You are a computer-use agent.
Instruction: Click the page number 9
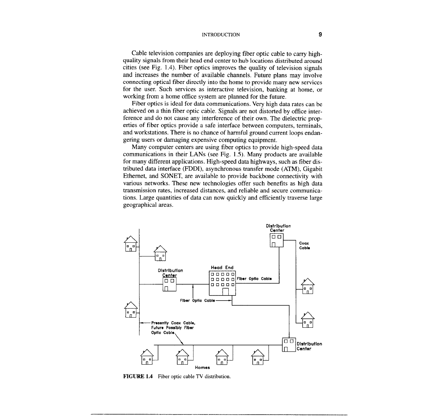click(320, 35)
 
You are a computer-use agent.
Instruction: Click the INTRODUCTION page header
click(220, 35)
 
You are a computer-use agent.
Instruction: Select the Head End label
click(222, 268)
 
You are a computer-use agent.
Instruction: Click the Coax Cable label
click(304, 246)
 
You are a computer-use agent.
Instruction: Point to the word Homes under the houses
click(202, 368)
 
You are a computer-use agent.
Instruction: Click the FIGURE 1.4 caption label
click(138, 376)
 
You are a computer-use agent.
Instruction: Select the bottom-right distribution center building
click(288, 345)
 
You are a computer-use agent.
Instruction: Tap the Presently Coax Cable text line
click(174, 322)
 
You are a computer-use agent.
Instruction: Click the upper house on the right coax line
click(308, 286)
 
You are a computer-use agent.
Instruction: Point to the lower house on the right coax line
click(308, 319)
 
